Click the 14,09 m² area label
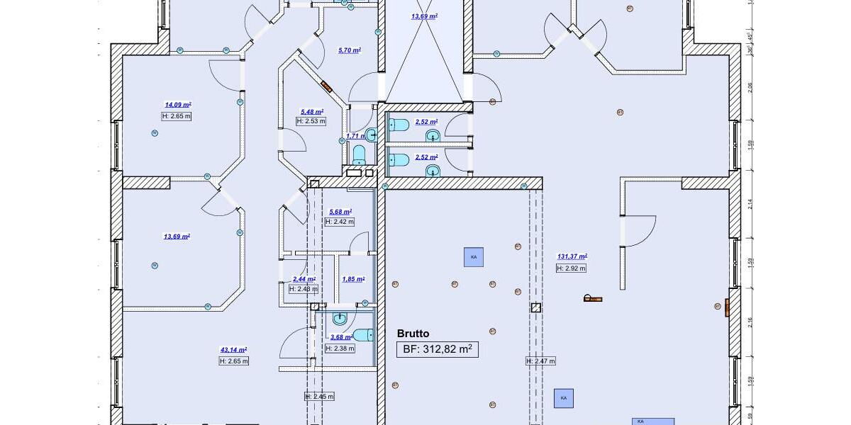pyautogui.click(x=178, y=104)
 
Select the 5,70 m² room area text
pyautogui.click(x=350, y=50)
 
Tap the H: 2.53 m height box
pyautogui.click(x=311, y=121)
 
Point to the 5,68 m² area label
pyautogui.click(x=340, y=212)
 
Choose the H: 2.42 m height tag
pyautogui.click(x=339, y=222)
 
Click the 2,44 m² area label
pyautogui.click(x=304, y=279)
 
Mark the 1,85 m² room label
pyautogui.click(x=352, y=279)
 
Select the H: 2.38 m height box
pyautogui.click(x=339, y=348)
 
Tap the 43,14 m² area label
pyautogui.click(x=233, y=350)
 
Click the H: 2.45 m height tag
pyautogui.click(x=319, y=396)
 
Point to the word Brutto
pyautogui.click(x=413, y=334)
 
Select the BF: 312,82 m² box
pyautogui.click(x=437, y=348)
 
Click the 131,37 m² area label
pyautogui.click(x=572, y=256)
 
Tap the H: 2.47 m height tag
pyautogui.click(x=540, y=361)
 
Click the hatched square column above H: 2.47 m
pyautogui.click(x=535, y=308)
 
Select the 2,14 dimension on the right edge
pyautogui.click(x=750, y=205)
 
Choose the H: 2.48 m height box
pyautogui.click(x=304, y=289)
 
